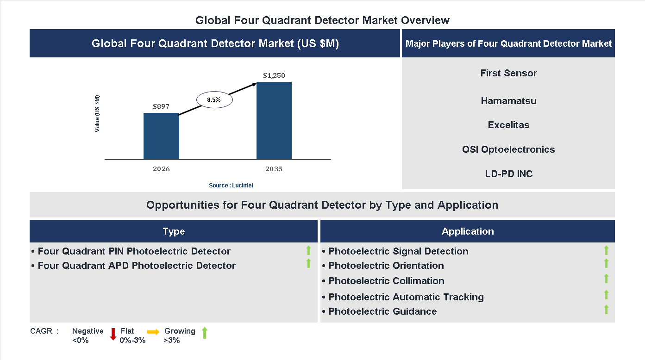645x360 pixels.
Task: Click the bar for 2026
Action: pos(161,136)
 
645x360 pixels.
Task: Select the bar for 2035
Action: pos(274,121)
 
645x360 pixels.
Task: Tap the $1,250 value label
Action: pos(274,75)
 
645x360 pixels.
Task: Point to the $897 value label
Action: pos(161,106)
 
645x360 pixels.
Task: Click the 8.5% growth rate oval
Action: pos(214,99)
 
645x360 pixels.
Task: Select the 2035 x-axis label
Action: pos(274,169)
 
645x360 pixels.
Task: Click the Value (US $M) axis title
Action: pos(97,114)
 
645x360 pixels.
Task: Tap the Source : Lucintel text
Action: pos(231,185)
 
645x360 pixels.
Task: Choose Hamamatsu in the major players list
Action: pos(508,101)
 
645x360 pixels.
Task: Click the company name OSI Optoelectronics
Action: pos(508,149)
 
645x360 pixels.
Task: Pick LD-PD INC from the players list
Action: pos(508,174)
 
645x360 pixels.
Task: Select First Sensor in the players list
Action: pos(508,73)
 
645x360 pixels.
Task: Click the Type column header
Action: pos(174,231)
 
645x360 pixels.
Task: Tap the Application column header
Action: pos(468,231)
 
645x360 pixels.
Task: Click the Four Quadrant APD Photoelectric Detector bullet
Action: pos(137,266)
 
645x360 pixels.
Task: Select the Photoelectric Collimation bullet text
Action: pos(387,281)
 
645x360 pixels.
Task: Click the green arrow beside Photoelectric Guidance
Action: pos(606,310)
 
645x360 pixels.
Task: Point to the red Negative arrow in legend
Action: pos(113,334)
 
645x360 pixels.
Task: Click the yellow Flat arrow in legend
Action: pos(153,332)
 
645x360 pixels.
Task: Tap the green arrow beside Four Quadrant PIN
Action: pos(308,250)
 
